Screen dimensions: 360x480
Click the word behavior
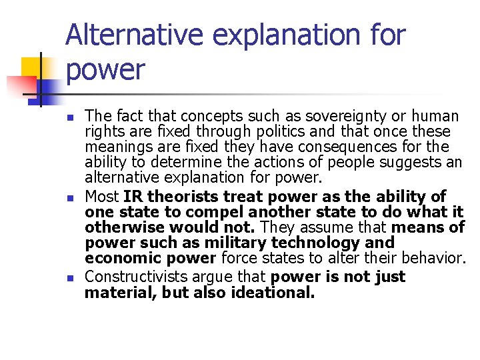coord(431,257)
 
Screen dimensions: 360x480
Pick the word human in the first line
coord(434,116)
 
